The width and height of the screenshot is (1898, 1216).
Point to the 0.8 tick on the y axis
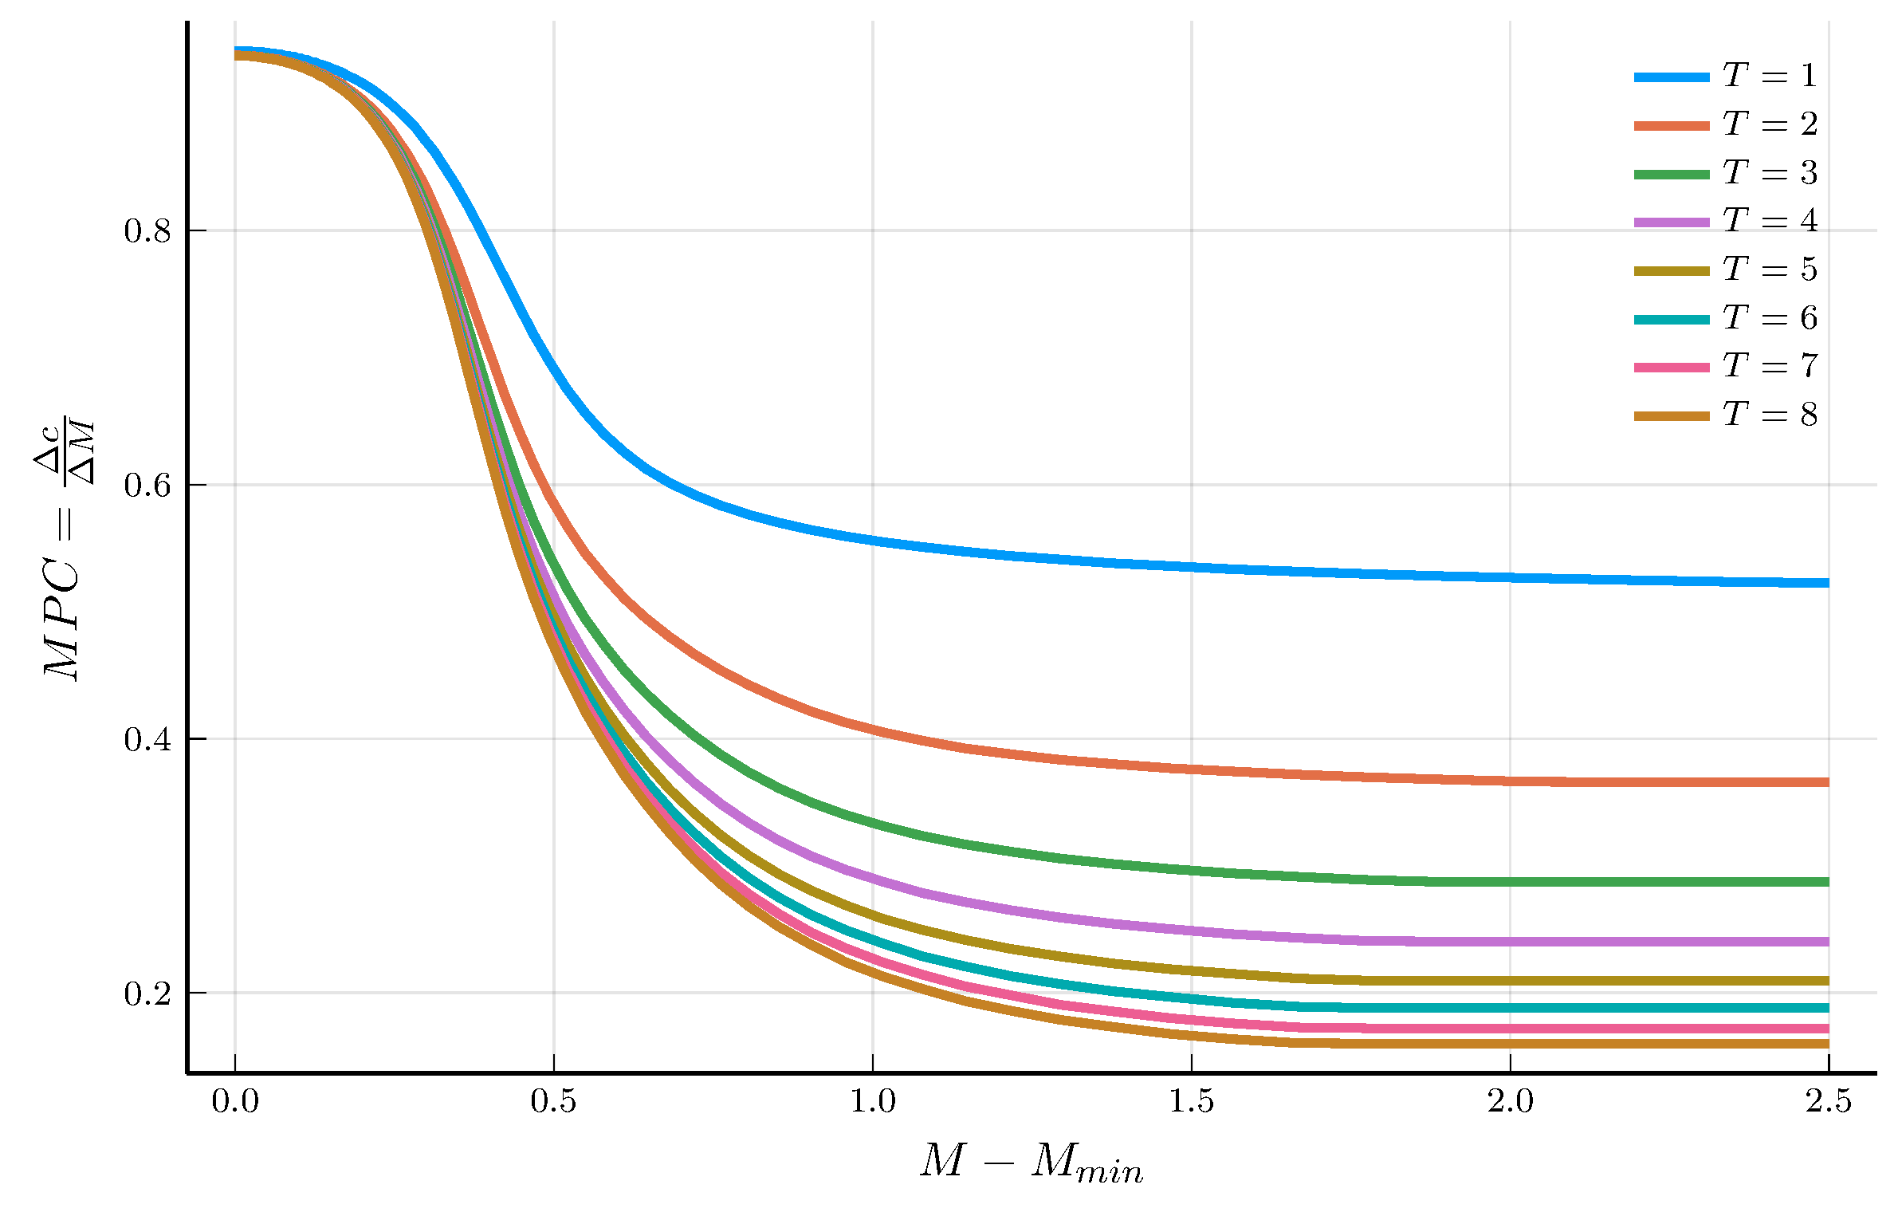coord(147,231)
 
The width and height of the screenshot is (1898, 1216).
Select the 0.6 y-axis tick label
coord(147,485)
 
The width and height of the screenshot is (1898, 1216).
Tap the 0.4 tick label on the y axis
coord(147,739)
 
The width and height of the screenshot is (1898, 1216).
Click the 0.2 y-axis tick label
coord(147,994)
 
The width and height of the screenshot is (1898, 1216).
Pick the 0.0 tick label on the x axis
coord(235,1102)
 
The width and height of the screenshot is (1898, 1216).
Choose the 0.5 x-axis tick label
coord(554,1102)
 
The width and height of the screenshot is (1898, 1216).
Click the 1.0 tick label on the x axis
coord(873,1102)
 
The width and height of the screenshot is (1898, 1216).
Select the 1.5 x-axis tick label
coord(1192,1102)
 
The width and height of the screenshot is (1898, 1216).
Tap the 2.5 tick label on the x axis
coord(1829,1102)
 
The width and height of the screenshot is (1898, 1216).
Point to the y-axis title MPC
coord(64,550)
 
